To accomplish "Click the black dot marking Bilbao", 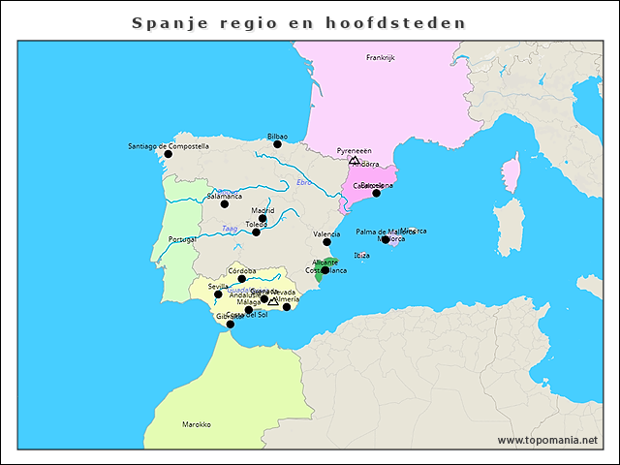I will tap(277, 144).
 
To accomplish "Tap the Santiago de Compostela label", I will tap(168, 146).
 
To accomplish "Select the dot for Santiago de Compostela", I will tap(168, 154).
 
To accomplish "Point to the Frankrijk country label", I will tap(381, 58).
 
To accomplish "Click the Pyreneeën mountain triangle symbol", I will tap(354, 159).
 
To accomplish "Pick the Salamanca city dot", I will tap(224, 203).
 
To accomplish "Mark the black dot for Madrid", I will tap(263, 218).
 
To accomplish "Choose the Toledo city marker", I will tap(256, 232).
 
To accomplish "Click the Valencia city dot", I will tap(326, 242).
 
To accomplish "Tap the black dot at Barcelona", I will tap(376, 193).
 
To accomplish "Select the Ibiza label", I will tap(362, 255).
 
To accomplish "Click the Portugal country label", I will tap(181, 238).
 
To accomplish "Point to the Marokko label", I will tap(197, 424).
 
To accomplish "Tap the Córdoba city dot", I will tap(242, 279).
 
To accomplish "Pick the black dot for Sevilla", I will tap(218, 294).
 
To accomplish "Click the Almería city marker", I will tap(286, 307).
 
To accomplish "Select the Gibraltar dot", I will tap(230, 324).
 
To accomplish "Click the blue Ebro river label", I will tap(305, 183).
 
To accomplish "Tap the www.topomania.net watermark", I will tap(547, 440).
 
